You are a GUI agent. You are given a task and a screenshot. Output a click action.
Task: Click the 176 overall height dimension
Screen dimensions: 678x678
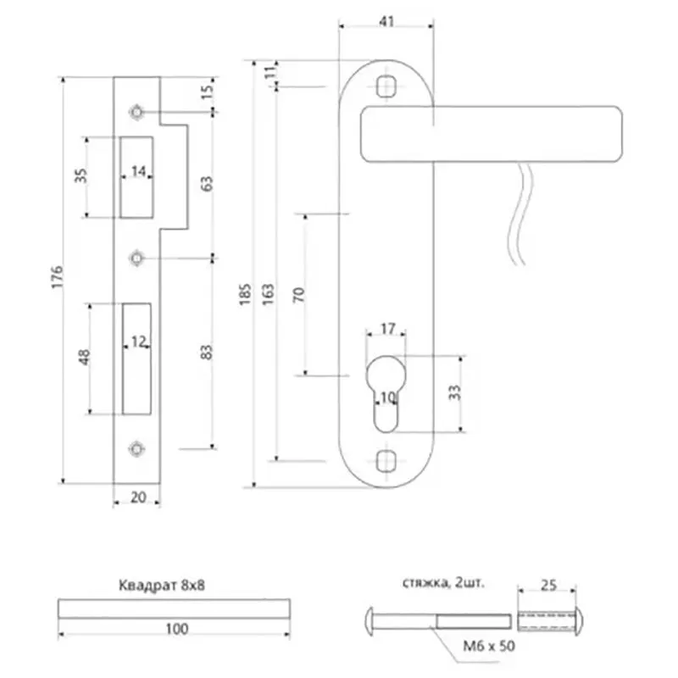pyautogui.click(x=58, y=277)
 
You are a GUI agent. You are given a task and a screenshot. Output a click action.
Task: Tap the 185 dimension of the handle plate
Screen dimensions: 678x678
pyautogui.click(x=245, y=294)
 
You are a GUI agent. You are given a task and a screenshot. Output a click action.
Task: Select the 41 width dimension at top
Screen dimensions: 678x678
pyautogui.click(x=386, y=21)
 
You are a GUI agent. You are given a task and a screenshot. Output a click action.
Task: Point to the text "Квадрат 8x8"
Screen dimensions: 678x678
pyautogui.click(x=162, y=586)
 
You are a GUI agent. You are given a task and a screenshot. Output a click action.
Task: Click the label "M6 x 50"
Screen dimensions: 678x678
pyautogui.click(x=489, y=646)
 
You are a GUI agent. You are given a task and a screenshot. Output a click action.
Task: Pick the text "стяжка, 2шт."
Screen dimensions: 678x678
pyautogui.click(x=443, y=583)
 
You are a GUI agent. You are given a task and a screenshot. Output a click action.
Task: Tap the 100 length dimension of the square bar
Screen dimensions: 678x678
pyautogui.click(x=177, y=629)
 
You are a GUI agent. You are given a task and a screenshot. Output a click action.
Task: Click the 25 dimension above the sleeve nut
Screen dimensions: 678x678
pyautogui.click(x=548, y=585)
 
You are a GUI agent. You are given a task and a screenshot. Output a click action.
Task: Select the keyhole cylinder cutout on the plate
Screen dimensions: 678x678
pyautogui.click(x=386, y=394)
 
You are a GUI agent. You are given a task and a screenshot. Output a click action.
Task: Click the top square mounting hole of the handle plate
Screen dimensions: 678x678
pyautogui.click(x=386, y=86)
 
